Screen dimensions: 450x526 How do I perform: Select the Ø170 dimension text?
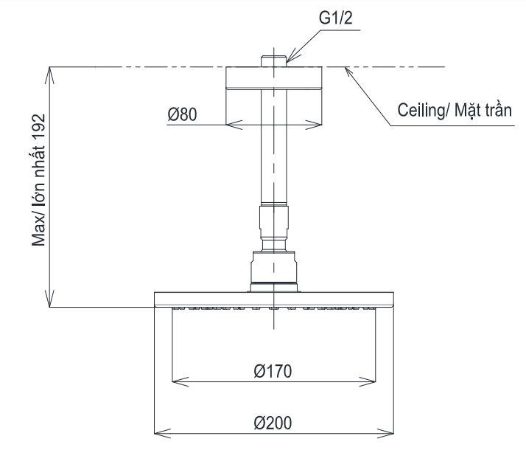272,371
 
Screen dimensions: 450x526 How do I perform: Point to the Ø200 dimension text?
272,423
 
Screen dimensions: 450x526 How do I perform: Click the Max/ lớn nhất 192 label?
40,181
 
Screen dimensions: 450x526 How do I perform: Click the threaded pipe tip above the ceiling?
273,59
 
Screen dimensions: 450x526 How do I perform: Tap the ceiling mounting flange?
273,78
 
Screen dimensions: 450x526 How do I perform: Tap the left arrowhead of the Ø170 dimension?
175,382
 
